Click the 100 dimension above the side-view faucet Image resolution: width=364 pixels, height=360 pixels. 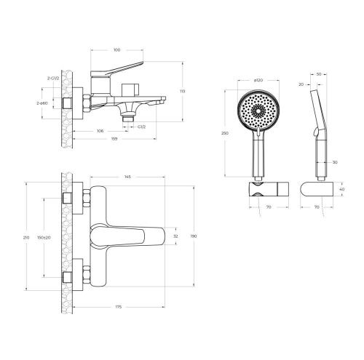[x=116, y=49]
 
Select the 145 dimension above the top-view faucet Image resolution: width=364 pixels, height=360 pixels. [x=127, y=177]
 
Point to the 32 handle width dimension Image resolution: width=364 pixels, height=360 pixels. [x=175, y=236]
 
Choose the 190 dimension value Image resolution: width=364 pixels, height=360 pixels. [x=193, y=236]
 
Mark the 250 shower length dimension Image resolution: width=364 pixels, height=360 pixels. [x=226, y=134]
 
